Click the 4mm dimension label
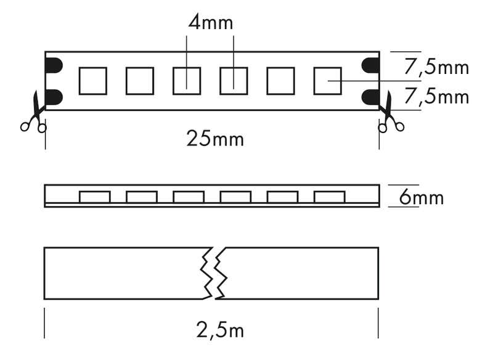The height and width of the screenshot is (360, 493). click(210, 23)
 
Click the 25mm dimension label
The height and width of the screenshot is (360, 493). click(215, 139)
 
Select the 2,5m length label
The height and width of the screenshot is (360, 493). click(221, 330)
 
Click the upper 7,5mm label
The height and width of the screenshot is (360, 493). click(436, 67)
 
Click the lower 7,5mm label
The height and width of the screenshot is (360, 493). click(436, 97)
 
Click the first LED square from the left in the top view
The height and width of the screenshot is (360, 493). click(93, 81)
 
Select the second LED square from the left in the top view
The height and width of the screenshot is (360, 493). click(140, 81)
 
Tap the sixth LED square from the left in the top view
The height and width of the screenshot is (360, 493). click(327, 81)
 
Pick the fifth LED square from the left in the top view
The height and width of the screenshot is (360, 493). click(280, 81)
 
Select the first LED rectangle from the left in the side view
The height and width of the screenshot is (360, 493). click(95, 197)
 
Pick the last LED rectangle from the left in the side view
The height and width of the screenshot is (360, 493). click(328, 197)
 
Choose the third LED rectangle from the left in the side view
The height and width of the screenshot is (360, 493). click(189, 197)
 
